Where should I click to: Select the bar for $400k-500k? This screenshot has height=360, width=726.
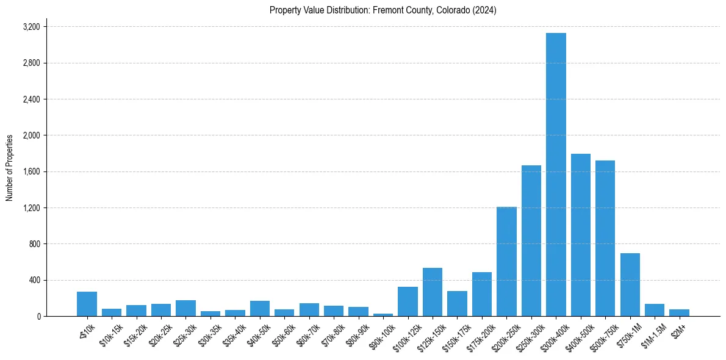[580, 235]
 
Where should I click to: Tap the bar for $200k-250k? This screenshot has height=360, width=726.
[506, 262]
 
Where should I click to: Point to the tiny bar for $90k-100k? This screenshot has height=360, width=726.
[383, 314]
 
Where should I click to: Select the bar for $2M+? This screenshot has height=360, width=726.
[679, 313]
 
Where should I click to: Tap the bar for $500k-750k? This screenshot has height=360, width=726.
[605, 239]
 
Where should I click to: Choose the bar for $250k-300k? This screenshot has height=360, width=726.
[531, 241]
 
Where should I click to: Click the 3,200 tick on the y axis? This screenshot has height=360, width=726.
[31, 27]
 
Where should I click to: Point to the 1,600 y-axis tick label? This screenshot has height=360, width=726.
[31, 171]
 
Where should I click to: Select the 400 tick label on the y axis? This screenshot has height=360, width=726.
[34, 280]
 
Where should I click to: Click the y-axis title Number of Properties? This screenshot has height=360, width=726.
[10, 168]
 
